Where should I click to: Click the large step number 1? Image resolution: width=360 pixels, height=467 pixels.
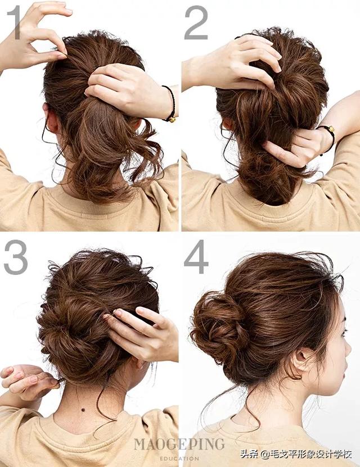click(14, 22)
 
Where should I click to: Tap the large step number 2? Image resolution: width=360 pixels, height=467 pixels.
click(196, 22)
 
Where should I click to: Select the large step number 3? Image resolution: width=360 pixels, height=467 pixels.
click(16, 257)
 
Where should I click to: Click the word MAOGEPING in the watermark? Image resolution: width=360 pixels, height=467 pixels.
click(179, 445)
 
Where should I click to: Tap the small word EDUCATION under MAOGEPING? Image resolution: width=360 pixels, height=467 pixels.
click(179, 459)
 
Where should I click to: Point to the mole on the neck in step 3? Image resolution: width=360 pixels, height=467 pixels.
click(83, 410)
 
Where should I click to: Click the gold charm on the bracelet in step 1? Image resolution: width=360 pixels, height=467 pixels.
click(172, 120)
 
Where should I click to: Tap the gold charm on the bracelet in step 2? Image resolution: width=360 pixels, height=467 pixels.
click(331, 129)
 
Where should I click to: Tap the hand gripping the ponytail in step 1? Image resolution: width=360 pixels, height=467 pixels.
click(129, 89)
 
